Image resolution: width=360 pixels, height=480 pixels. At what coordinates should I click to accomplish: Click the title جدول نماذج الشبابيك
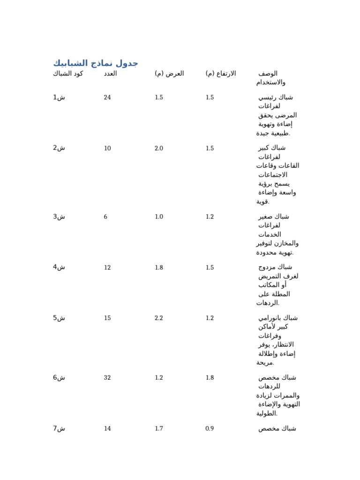[x=95, y=63]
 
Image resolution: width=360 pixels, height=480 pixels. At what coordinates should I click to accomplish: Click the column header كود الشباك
[x=68, y=74]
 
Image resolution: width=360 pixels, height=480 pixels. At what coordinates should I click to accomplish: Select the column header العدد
[x=110, y=74]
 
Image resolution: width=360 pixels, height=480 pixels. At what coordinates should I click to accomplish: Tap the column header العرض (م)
[x=169, y=74]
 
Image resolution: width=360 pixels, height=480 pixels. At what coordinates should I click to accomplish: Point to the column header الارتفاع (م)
[x=220, y=74]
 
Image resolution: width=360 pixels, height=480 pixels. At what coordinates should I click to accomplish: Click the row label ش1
[x=59, y=97]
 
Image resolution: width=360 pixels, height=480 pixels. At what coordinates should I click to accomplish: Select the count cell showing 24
[x=107, y=97]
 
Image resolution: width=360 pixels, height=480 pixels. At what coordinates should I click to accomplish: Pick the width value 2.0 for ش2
[x=159, y=149]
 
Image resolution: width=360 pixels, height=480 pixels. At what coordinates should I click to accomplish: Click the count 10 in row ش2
[x=107, y=149]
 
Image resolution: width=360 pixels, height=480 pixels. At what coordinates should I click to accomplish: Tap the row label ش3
[x=59, y=217]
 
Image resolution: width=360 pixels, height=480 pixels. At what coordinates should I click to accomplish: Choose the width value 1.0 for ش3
[x=159, y=217]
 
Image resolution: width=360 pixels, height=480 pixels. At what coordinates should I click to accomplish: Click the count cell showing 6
[x=105, y=217]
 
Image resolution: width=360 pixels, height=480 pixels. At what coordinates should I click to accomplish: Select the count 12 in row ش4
[x=107, y=268]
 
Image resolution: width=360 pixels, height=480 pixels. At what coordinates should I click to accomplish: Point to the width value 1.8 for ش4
[x=159, y=268]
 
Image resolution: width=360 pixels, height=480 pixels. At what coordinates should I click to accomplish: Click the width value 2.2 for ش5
[x=159, y=318]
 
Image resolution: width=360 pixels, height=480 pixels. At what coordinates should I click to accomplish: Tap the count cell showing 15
[x=107, y=318]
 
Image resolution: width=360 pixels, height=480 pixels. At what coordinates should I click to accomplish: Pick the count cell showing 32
[x=107, y=378]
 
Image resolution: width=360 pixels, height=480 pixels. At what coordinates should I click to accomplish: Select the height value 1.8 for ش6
[x=210, y=378]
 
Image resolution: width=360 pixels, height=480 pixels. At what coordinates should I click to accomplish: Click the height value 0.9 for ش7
[x=210, y=429]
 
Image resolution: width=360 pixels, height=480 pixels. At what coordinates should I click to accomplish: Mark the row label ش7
[x=59, y=428]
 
